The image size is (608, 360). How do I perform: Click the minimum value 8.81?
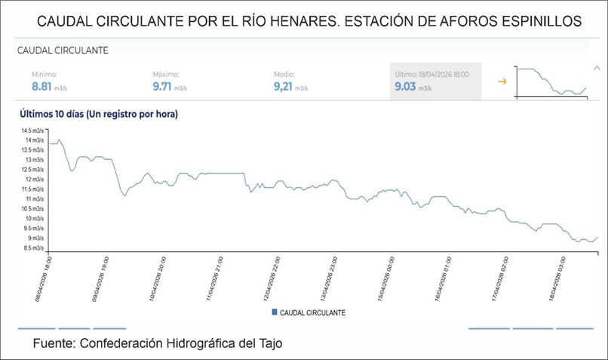coord(44,87)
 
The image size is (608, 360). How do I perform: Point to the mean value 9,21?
coord(285,87)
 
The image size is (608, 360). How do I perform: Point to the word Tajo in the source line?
coord(267,344)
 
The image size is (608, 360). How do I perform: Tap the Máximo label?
coord(166,75)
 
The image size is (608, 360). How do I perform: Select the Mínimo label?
coord(45,75)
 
